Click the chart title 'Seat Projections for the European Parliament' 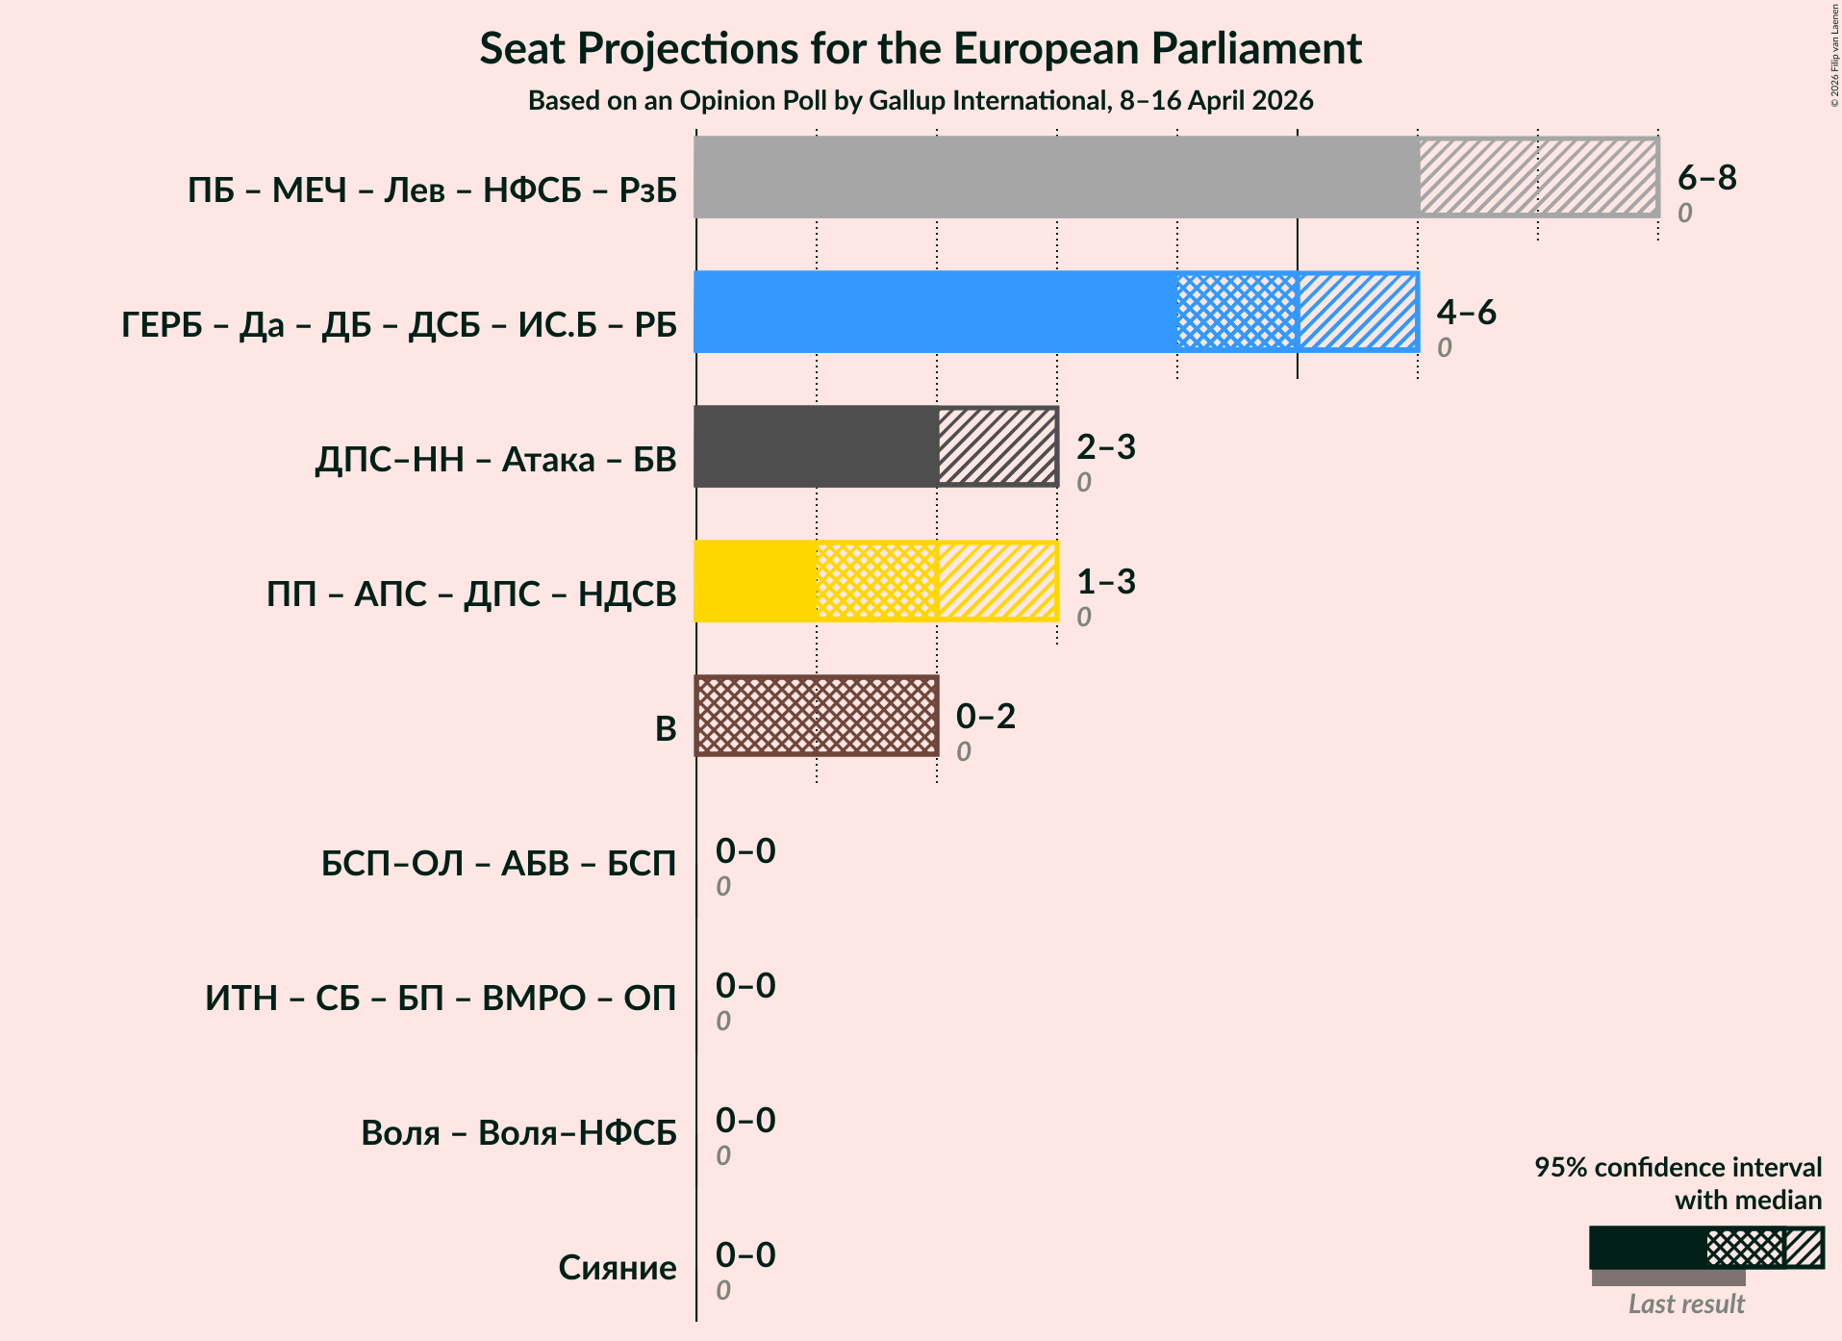(921, 49)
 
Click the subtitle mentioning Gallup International (921, 101)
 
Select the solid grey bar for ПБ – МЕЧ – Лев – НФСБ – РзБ (1055, 177)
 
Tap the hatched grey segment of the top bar (1537, 177)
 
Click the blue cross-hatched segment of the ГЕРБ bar (1236, 312)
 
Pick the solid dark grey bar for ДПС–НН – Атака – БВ (816, 446)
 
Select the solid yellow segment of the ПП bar (755, 581)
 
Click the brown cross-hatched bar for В (816, 716)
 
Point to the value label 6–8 (1706, 177)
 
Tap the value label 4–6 (1466, 312)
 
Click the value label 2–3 (1105, 446)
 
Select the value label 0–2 (985, 716)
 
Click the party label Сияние (617, 1268)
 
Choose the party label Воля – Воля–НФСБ (518, 1133)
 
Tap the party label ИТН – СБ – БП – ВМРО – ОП (441, 999)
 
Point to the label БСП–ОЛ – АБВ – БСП (498, 864)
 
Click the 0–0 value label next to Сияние (744, 1254)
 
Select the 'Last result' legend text (1685, 1303)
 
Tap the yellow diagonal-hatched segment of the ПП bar (997, 581)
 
